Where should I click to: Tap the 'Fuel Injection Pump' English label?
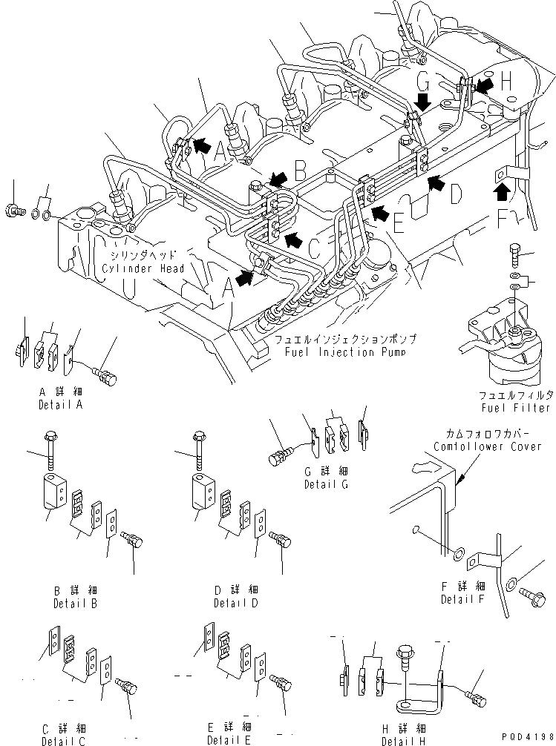(344, 351)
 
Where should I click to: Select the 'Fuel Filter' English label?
(515, 408)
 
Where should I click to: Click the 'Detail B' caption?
(76, 603)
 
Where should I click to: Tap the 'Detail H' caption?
(404, 741)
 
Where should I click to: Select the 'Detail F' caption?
(462, 599)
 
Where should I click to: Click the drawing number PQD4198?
(526, 736)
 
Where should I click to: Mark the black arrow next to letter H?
(483, 87)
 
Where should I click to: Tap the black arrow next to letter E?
(380, 214)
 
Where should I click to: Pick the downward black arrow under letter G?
(422, 101)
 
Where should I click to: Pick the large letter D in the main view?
(456, 194)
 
